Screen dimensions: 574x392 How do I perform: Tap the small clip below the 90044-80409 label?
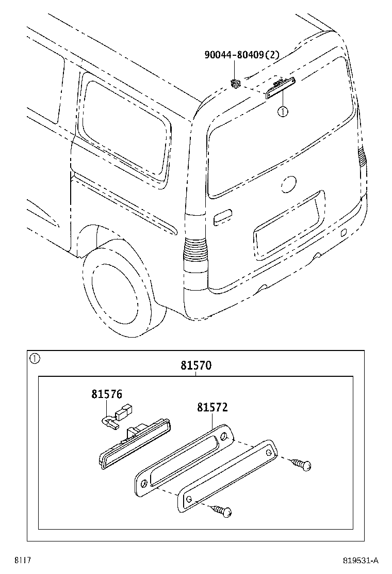point(236,83)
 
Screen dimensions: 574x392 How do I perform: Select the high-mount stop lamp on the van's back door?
point(280,87)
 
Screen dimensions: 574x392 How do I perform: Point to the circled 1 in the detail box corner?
point(34,358)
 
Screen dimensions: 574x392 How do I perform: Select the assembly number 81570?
point(196,365)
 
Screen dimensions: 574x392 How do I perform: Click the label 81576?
point(107,394)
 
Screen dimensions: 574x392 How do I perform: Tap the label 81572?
point(212,407)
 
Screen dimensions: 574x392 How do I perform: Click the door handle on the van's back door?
point(223,217)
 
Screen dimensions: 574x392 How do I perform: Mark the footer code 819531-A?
point(361,560)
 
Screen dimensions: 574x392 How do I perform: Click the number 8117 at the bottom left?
point(22,560)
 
